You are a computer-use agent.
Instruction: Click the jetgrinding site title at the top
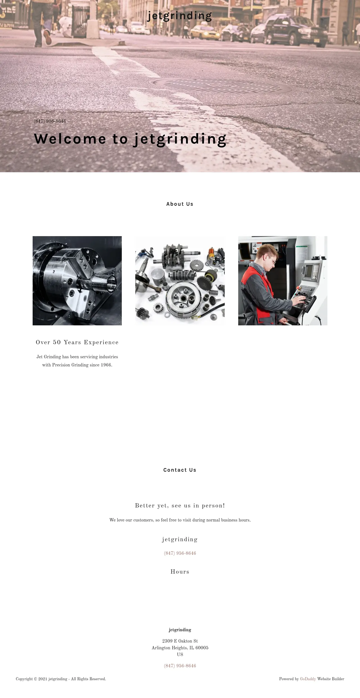click(180, 16)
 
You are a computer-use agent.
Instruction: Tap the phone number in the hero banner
click(50, 121)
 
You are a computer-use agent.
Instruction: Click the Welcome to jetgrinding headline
click(130, 139)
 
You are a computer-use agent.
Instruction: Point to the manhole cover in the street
click(221, 86)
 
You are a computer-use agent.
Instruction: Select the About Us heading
click(180, 204)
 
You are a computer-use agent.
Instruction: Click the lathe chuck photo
click(77, 281)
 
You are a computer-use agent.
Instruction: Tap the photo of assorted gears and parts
click(180, 281)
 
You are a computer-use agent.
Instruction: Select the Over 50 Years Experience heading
click(77, 343)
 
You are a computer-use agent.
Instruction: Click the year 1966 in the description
click(106, 365)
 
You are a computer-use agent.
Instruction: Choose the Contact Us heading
click(180, 470)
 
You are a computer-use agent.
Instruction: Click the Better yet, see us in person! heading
click(180, 506)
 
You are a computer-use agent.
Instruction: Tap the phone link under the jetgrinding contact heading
click(180, 553)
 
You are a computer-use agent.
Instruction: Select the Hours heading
click(180, 572)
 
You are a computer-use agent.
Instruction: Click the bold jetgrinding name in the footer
click(180, 630)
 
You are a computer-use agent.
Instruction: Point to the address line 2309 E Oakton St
click(180, 641)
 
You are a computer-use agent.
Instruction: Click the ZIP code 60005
click(202, 648)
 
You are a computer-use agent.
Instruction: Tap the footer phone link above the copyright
click(180, 666)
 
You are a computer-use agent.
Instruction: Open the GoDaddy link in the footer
click(308, 679)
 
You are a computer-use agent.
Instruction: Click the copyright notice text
click(61, 679)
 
